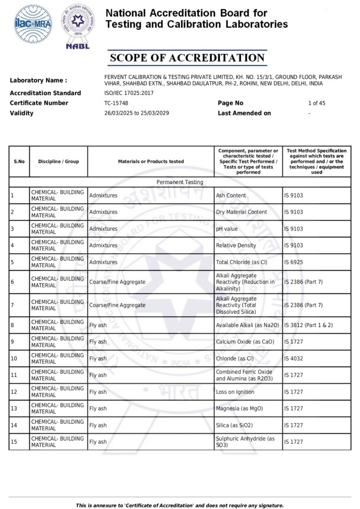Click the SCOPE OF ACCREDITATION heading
[x=187, y=58]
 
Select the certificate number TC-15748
[x=116, y=103]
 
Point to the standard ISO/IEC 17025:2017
[x=129, y=93]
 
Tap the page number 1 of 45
[x=316, y=103]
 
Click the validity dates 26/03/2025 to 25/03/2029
[x=137, y=113]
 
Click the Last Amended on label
[x=244, y=113]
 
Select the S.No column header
[x=19, y=161]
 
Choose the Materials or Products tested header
[x=151, y=161]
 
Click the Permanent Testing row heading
[x=180, y=182]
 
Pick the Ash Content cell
[x=231, y=195]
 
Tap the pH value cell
[x=227, y=229]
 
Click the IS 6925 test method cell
[x=294, y=262]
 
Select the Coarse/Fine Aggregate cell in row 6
[x=117, y=282]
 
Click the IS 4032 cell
[x=294, y=358]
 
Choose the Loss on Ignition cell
[x=235, y=392]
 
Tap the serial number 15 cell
[x=14, y=442]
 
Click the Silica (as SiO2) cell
[x=236, y=425]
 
